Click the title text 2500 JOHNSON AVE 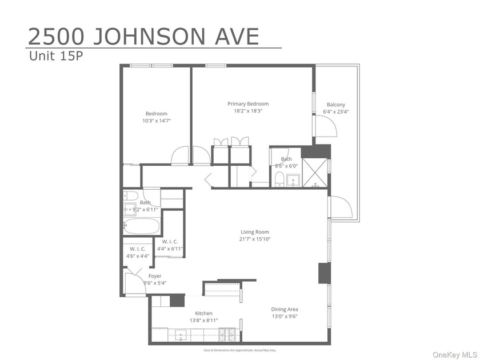143,36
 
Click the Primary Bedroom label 248,103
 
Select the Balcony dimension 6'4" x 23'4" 335,112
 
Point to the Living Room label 254,232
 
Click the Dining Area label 285,309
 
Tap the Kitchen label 203,313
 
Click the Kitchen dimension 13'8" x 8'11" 203,321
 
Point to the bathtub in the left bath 141,226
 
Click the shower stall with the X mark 315,173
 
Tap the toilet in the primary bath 279,179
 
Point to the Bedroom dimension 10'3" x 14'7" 156,121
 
